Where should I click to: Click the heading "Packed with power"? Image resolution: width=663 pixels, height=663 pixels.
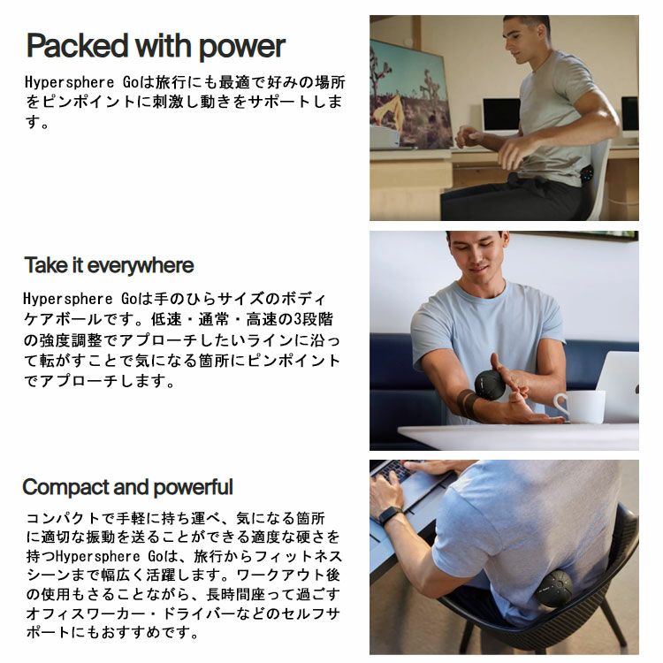(x=156, y=46)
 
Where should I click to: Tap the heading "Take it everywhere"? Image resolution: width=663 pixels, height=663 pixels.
(x=109, y=265)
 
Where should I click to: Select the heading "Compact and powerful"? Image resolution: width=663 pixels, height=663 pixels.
(x=127, y=487)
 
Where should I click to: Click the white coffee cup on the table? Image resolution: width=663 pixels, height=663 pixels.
(x=580, y=407)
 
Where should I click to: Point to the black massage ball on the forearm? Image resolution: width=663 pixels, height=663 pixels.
(x=490, y=385)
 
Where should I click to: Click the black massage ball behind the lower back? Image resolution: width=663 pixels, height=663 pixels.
(x=553, y=589)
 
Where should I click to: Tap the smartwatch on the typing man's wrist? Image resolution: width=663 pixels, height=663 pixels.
(x=390, y=515)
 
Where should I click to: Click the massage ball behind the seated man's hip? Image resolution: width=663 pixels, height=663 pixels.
(x=588, y=174)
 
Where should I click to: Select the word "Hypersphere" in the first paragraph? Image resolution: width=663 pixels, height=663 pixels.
(x=69, y=82)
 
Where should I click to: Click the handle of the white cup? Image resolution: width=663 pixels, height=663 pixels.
(x=560, y=406)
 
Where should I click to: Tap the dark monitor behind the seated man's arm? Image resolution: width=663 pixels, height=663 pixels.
(x=501, y=116)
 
